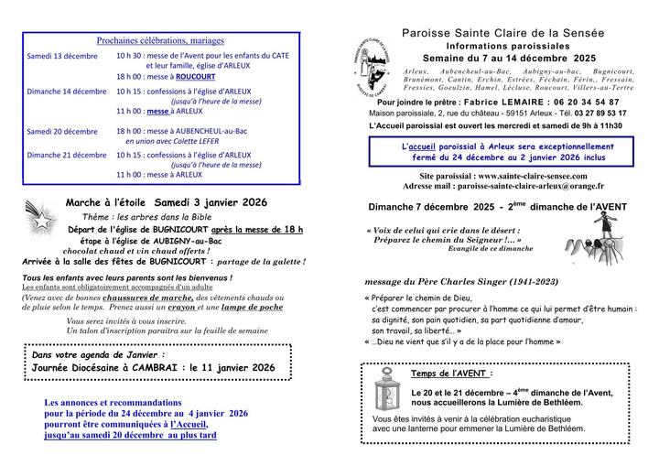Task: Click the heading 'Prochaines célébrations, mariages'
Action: point(160,41)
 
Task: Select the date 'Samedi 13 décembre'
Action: point(62,56)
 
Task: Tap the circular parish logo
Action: point(373,63)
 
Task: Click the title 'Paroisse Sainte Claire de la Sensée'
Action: point(503,33)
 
